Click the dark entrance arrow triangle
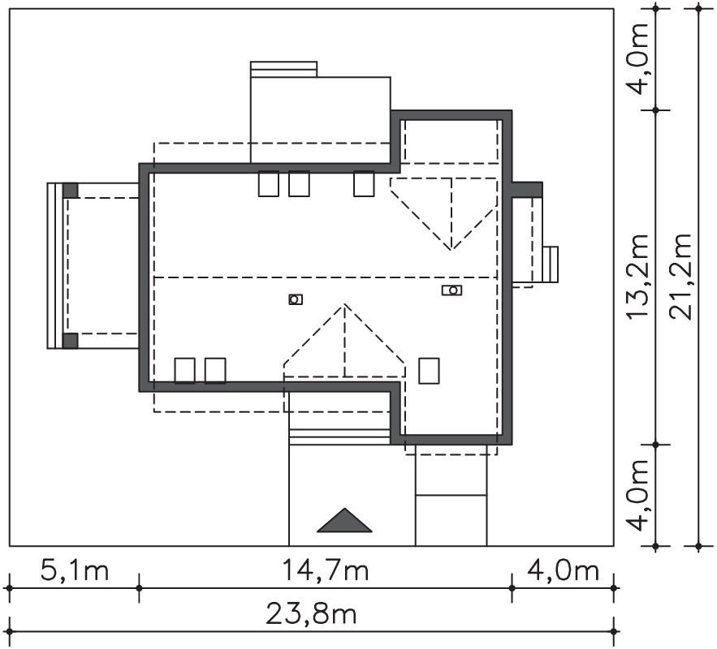(x=344, y=522)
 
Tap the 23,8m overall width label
(x=310, y=615)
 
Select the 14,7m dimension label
(x=325, y=570)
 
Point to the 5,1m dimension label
(x=75, y=570)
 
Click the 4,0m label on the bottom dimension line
(x=563, y=570)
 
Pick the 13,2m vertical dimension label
(x=638, y=277)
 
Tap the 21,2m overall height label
(x=681, y=277)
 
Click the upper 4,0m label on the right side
(x=638, y=57)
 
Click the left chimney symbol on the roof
(x=296, y=299)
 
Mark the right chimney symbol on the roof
(x=451, y=290)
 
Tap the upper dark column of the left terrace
(x=70, y=190)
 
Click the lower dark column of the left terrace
(x=70, y=342)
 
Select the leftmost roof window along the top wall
(x=269, y=183)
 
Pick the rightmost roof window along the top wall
(x=364, y=183)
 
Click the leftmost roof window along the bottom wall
(x=185, y=371)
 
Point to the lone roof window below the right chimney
(x=429, y=371)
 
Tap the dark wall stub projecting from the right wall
(x=527, y=190)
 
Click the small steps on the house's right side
(x=551, y=265)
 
